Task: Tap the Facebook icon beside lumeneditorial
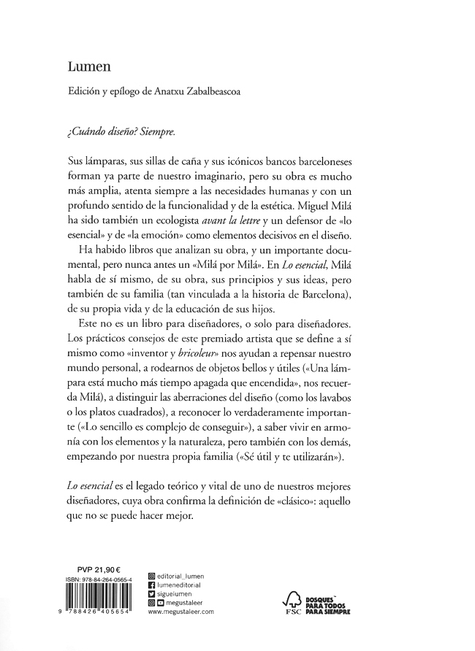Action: click(151, 585)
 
